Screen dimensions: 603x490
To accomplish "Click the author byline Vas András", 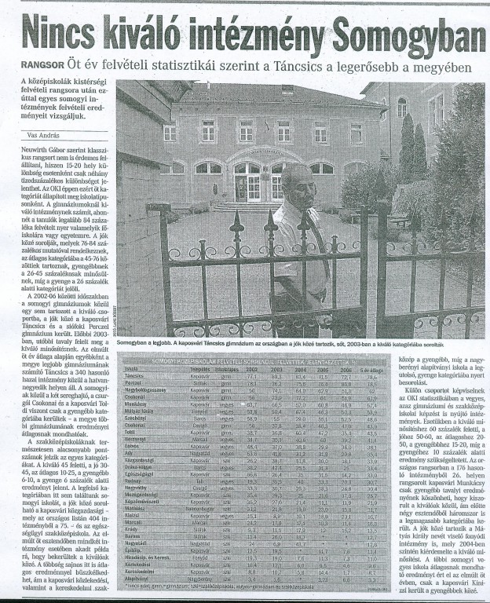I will [38, 135].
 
